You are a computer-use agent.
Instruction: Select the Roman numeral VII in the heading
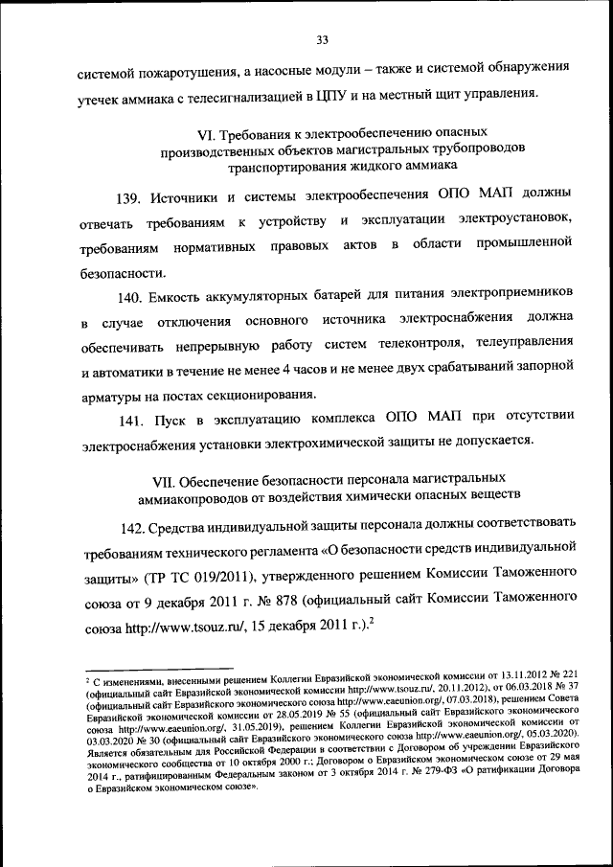coord(167,477)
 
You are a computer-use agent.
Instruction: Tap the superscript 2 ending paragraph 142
coord(370,624)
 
